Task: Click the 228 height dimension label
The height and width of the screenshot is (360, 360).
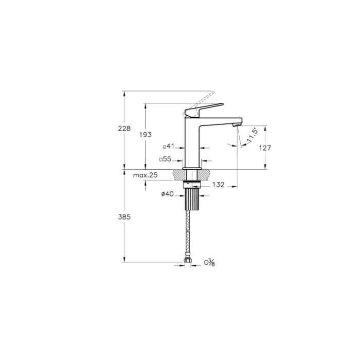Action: (x=124, y=129)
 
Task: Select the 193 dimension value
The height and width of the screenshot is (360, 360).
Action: (x=146, y=135)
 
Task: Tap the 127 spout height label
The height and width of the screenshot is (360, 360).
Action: (x=265, y=148)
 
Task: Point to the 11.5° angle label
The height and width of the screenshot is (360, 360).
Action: (x=253, y=136)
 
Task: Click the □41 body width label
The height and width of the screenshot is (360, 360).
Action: (x=169, y=146)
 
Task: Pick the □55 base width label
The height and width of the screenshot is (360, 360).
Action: (x=165, y=159)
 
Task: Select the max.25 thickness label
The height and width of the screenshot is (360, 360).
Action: (x=146, y=175)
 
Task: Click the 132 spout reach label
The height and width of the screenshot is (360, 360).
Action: (x=218, y=185)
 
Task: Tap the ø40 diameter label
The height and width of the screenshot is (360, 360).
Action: (x=167, y=194)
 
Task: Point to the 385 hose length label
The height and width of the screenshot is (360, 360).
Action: (x=124, y=217)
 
